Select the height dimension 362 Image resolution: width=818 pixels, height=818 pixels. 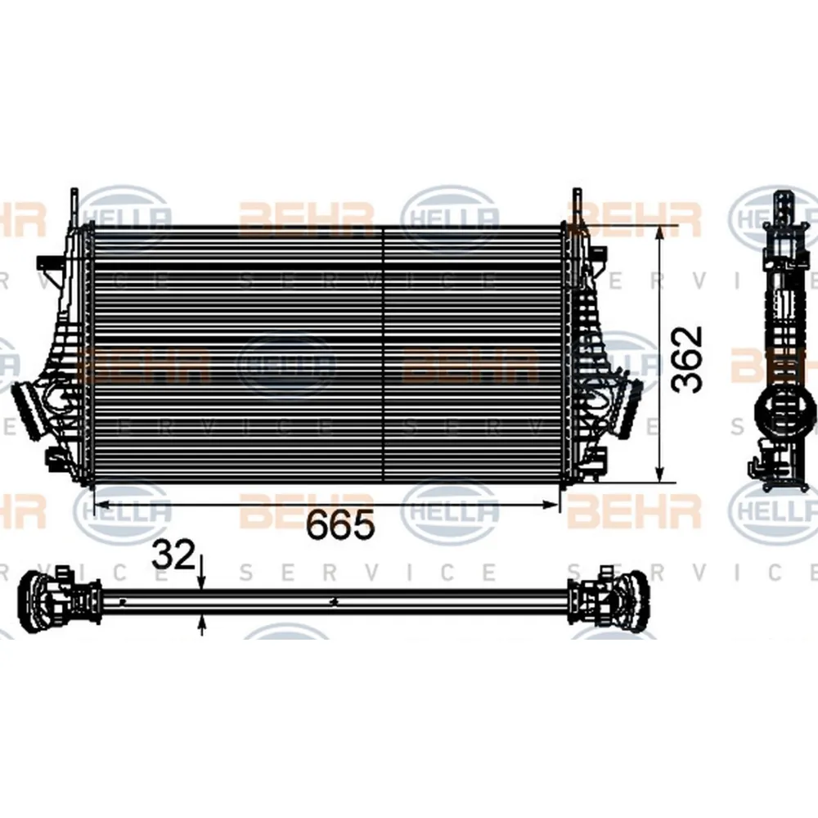click(685, 359)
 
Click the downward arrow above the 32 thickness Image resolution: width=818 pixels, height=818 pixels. click(202, 579)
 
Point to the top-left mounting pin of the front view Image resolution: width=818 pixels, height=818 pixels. click(74, 203)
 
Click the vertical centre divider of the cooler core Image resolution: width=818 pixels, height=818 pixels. click(384, 356)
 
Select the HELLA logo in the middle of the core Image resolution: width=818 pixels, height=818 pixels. click(286, 366)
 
